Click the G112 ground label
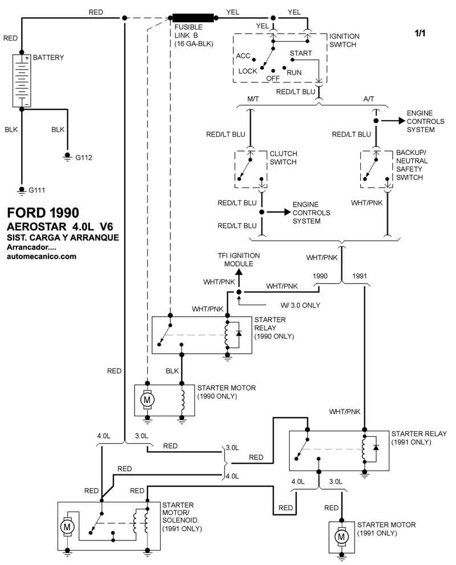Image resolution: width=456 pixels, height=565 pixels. [x=83, y=157]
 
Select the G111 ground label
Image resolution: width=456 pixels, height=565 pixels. [x=37, y=190]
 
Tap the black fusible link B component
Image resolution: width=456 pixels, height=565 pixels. [x=193, y=18]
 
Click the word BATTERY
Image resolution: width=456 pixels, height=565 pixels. [x=48, y=58]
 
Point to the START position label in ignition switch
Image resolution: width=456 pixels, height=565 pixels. [x=301, y=53]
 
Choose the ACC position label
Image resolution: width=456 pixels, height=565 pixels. [x=243, y=56]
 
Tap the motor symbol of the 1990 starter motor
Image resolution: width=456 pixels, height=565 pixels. [x=147, y=400]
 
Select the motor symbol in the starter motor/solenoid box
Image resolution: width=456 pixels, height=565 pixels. [x=67, y=527]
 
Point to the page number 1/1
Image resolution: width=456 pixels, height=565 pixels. [x=420, y=34]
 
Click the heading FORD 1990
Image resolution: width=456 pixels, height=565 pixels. [x=43, y=213]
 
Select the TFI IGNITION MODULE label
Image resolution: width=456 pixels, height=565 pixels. [x=238, y=260]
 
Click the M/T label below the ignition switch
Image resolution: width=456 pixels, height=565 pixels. [x=253, y=99]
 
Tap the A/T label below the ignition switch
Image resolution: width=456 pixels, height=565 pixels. [x=369, y=99]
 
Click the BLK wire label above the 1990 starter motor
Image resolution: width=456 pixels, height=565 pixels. [x=172, y=371]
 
